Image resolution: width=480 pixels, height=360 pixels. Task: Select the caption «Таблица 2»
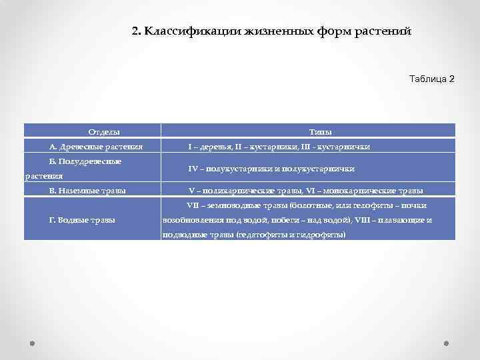pyautogui.click(x=431, y=79)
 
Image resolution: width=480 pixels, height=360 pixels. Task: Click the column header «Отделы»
pyautogui.click(x=105, y=131)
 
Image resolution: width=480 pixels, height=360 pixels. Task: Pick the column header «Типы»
pyautogui.click(x=321, y=131)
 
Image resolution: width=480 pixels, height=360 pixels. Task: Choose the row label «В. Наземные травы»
pyautogui.click(x=88, y=191)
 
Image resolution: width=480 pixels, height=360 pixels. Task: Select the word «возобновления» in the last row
pyautogui.click(x=191, y=220)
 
